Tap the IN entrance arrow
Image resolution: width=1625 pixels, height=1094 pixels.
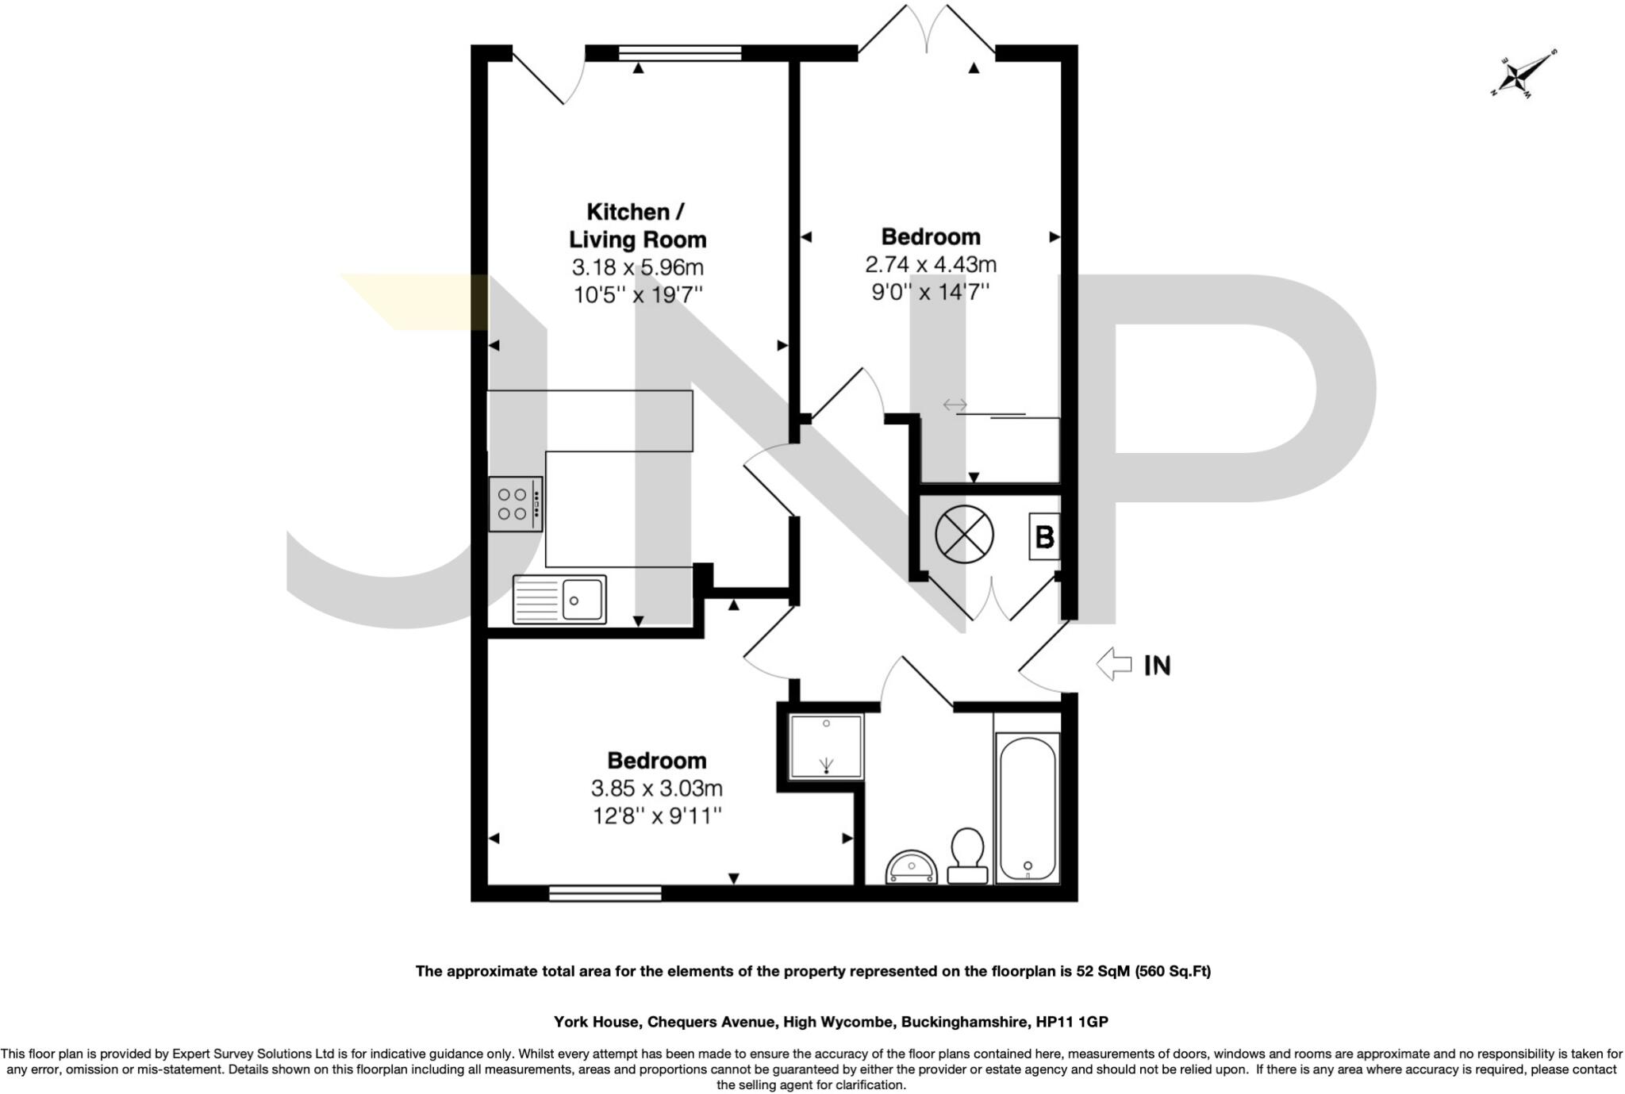[x=1114, y=664]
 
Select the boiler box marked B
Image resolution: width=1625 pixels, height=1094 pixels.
[x=1043, y=537]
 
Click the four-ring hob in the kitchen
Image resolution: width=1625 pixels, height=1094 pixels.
[x=516, y=504]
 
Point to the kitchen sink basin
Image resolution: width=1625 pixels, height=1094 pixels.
[x=582, y=599]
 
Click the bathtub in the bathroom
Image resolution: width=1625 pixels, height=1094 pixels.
[x=1028, y=808]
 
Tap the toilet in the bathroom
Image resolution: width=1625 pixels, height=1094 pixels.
[x=967, y=854]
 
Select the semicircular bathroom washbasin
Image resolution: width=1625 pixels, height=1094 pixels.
[x=911, y=869]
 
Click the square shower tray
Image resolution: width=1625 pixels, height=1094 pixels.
[x=826, y=746]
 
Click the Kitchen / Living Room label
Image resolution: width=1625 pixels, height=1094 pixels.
[x=637, y=225]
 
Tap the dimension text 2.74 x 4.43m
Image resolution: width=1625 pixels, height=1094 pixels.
[x=930, y=264]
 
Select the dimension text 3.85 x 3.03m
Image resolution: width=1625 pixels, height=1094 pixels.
[x=656, y=789]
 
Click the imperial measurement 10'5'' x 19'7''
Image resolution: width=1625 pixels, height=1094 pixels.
[x=638, y=295]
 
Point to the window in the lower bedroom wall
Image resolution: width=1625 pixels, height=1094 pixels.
[x=605, y=893]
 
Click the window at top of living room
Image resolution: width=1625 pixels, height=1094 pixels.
[x=680, y=53]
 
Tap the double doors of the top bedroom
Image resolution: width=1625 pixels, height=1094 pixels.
[x=927, y=32]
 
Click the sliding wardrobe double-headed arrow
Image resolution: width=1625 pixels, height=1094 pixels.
[x=955, y=405]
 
